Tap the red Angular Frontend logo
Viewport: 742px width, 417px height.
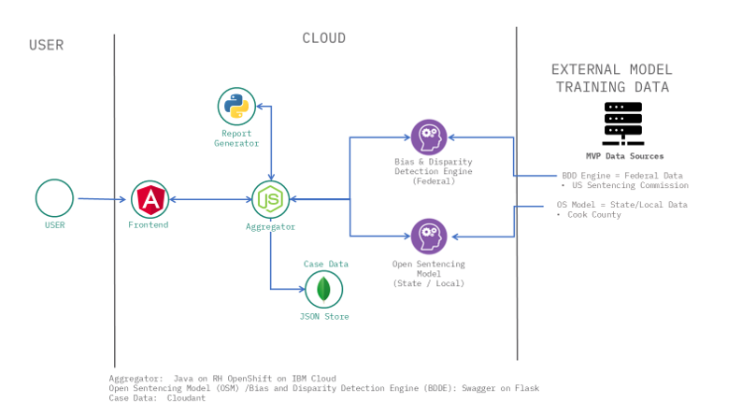(x=150, y=199)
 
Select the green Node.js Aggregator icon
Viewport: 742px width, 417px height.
(x=270, y=199)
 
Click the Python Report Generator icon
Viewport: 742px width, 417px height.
(x=236, y=106)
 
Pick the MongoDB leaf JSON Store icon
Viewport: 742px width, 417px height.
(x=323, y=289)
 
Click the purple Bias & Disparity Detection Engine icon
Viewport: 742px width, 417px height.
(x=429, y=137)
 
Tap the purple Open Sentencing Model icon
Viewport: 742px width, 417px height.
(x=429, y=237)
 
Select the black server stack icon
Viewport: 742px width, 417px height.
(x=623, y=123)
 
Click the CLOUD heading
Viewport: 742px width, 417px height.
(x=324, y=37)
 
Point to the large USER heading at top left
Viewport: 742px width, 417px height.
(x=47, y=45)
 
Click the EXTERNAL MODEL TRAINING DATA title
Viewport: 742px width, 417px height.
(x=612, y=79)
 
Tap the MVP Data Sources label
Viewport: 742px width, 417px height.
(x=624, y=156)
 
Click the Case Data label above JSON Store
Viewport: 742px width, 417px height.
(x=326, y=264)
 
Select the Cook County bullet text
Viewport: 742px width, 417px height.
(x=594, y=214)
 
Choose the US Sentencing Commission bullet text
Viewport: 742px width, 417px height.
(x=630, y=185)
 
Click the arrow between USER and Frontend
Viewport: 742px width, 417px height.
(x=102, y=199)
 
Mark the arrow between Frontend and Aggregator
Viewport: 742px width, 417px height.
(x=210, y=199)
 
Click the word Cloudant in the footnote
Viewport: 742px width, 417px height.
(x=186, y=398)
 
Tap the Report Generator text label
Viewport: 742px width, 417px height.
(x=236, y=138)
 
